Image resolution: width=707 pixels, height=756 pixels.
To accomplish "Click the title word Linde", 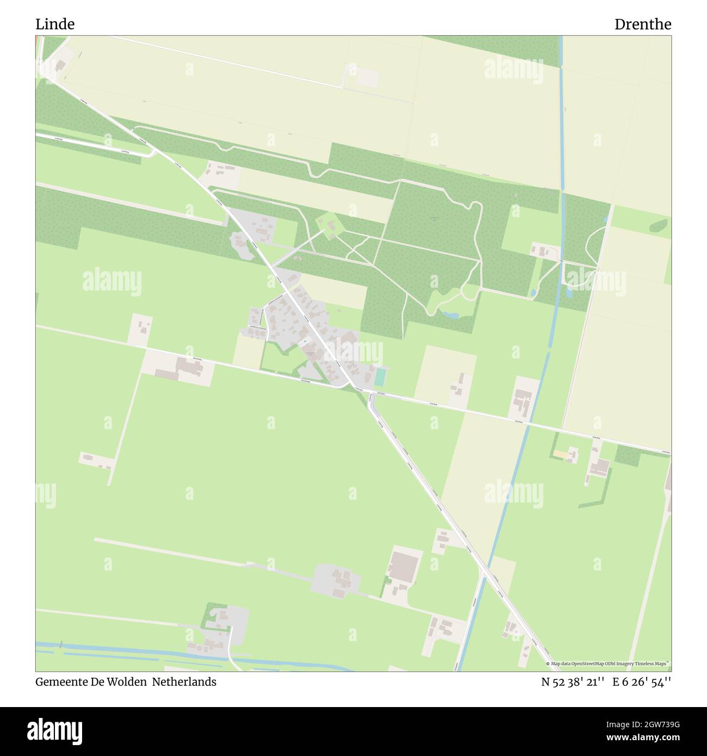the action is tap(55, 24).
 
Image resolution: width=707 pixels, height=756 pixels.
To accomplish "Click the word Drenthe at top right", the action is tap(642, 24).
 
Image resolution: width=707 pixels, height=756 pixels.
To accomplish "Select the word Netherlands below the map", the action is tap(184, 681).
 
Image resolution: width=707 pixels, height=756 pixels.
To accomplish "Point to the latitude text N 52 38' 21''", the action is tap(573, 682).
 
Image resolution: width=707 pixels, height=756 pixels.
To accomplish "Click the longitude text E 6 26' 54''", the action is tap(642, 682).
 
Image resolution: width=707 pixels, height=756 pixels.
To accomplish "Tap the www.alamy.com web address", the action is tap(643, 738).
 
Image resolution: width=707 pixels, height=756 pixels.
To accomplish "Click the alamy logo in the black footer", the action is tap(55, 731).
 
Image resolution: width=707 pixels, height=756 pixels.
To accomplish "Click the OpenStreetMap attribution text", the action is tap(609, 664).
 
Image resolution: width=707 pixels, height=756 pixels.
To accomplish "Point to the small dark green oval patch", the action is tap(658, 225).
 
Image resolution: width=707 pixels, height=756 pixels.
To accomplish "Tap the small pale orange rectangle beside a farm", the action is tap(560, 454).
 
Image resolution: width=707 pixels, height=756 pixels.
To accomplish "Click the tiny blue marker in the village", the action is tap(305, 342).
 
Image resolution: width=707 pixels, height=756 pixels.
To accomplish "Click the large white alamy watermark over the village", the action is tap(353, 352).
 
